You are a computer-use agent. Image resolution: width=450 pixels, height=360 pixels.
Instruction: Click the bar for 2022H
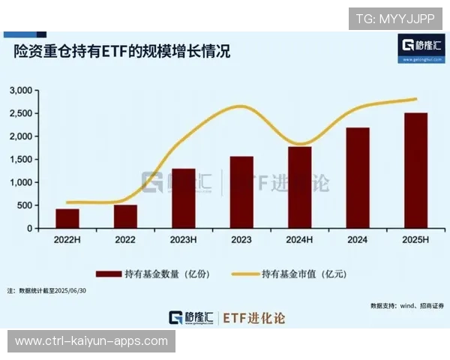[67, 218]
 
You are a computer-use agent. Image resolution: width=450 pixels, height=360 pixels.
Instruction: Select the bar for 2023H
[183, 198]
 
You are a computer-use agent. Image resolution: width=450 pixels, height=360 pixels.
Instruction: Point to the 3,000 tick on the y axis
[21, 91]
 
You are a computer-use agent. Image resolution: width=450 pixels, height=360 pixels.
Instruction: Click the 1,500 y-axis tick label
[21, 160]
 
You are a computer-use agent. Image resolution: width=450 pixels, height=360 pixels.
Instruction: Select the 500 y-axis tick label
[25, 205]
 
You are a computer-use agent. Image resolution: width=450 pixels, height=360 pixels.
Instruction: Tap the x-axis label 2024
[357, 239]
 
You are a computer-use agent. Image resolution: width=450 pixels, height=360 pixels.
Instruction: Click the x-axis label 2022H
[67, 239]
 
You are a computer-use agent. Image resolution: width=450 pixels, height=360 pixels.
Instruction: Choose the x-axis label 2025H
[415, 239]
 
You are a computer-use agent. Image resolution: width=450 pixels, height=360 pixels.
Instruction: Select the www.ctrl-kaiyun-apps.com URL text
[91, 341]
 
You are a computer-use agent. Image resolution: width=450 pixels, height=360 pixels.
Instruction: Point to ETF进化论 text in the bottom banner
[254, 318]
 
